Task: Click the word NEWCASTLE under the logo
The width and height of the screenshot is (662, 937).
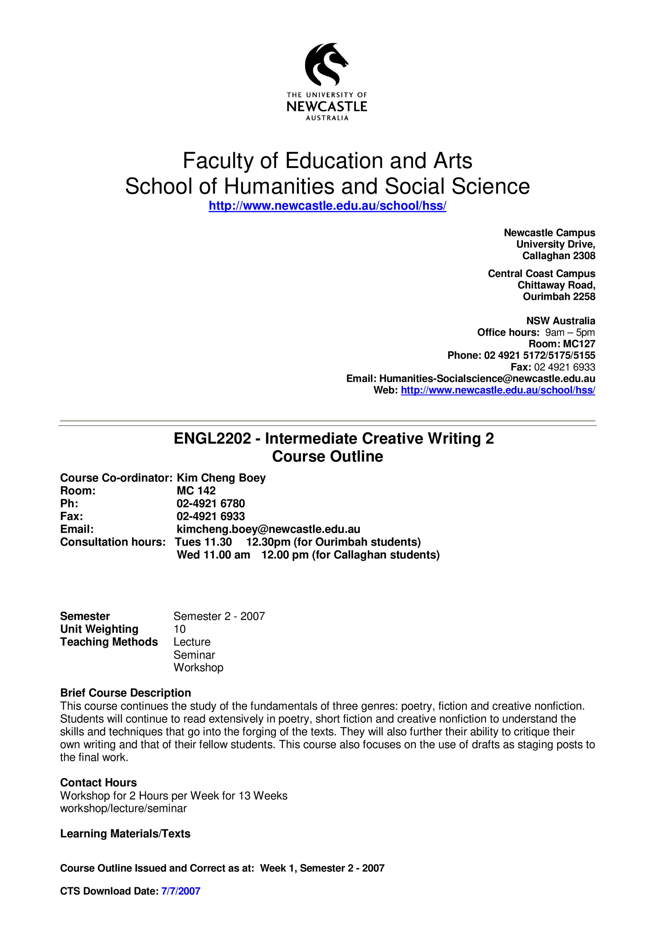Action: [327, 107]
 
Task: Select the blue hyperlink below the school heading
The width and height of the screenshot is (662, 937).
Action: [327, 206]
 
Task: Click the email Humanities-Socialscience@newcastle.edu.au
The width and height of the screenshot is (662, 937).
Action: [487, 378]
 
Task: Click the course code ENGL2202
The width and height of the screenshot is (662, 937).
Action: [212, 439]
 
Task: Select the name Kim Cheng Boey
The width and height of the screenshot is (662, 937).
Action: [221, 478]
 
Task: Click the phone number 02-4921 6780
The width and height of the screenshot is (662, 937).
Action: [211, 503]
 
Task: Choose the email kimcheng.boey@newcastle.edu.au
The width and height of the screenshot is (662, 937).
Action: [268, 529]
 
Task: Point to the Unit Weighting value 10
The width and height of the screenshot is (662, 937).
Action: [179, 629]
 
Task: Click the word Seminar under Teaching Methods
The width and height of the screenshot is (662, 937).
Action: [194, 655]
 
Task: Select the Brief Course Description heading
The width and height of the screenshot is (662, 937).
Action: [126, 693]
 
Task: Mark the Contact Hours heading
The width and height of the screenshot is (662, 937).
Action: [98, 782]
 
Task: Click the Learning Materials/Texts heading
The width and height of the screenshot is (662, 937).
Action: [125, 833]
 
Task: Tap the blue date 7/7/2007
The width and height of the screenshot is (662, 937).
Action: [181, 891]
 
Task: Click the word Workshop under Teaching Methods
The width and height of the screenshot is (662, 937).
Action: [198, 668]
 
